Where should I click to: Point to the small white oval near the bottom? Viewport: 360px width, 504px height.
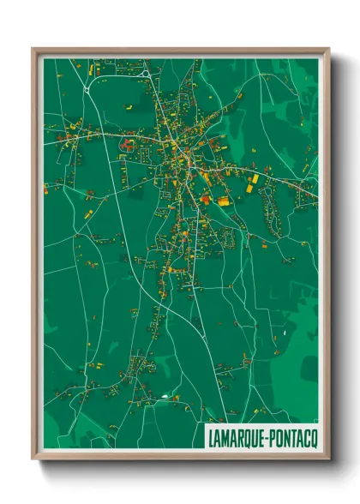coord(164,396)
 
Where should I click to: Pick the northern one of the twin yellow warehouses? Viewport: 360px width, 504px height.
coord(255,177)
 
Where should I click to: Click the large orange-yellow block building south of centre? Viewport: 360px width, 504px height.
coord(224,201)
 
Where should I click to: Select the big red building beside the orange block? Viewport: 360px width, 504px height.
coord(206,199)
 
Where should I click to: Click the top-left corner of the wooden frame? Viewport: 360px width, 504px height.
coord(33,49)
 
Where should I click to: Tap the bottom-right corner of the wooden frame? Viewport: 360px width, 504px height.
coord(328,459)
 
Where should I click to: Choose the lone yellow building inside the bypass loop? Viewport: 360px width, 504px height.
coord(129,108)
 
